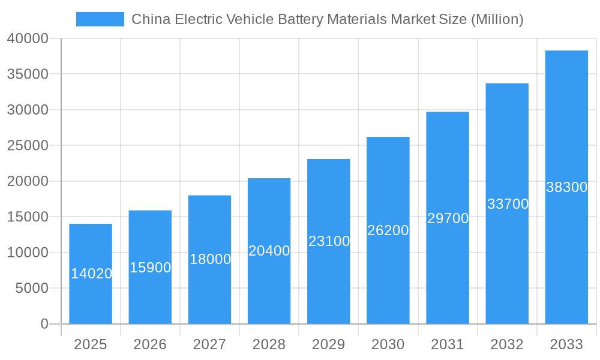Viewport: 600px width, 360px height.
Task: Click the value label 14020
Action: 91,274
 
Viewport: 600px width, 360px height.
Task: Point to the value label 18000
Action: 210,259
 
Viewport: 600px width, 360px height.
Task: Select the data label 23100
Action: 329,241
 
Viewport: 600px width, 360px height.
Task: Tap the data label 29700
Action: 448,218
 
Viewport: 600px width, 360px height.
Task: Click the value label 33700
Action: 508,204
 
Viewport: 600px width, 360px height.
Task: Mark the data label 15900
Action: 151,268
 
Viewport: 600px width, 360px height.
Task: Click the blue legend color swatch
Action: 100,19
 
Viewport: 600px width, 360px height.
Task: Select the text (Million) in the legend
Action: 497,19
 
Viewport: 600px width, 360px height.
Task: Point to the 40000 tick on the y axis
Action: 28,38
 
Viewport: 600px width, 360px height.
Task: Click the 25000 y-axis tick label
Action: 28,145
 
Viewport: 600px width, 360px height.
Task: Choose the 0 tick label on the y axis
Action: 44,324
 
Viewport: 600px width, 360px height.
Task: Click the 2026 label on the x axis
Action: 150,344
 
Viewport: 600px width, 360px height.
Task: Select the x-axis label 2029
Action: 329,344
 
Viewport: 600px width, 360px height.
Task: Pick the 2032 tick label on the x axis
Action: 507,344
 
